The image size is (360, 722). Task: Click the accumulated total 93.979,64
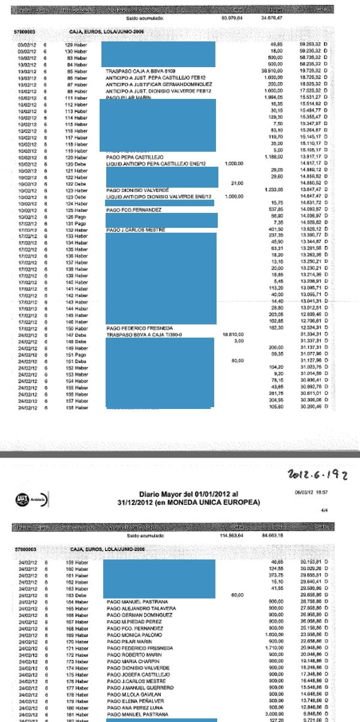click(x=231, y=19)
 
